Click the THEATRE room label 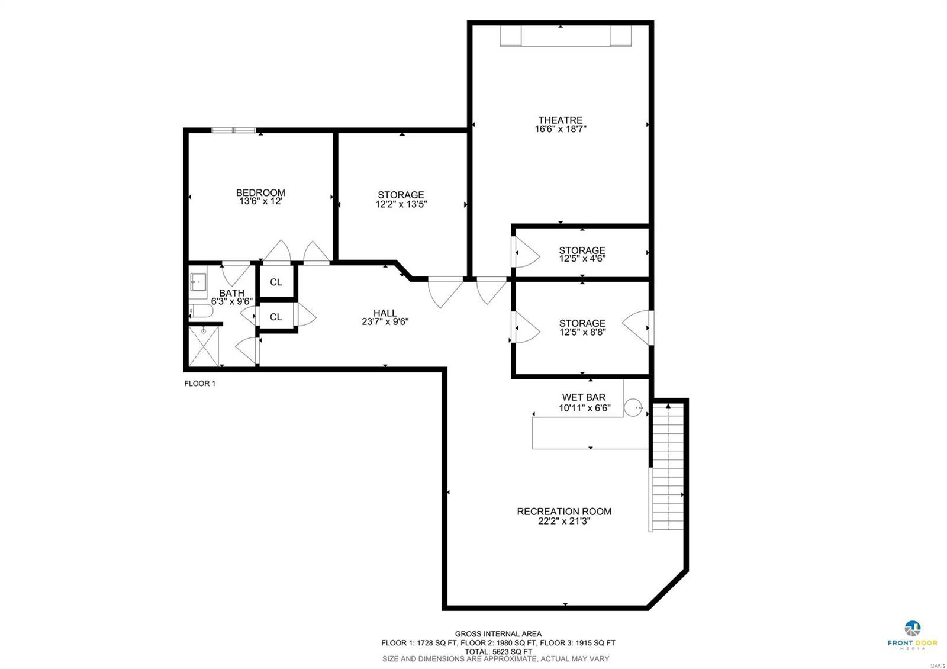click(560, 120)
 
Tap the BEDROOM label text click(260, 192)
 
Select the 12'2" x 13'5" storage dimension click(401, 204)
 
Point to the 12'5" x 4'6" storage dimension click(582, 259)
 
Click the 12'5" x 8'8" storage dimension click(582, 332)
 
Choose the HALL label click(385, 313)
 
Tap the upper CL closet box click(276, 282)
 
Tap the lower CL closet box click(276, 317)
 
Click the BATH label click(231, 293)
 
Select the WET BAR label click(584, 397)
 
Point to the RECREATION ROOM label click(564, 512)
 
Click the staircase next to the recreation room click(667, 468)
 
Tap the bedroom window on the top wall click(234, 130)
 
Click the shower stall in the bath click(204, 346)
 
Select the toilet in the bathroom click(200, 311)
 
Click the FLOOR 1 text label click(199, 384)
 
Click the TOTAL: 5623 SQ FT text click(498, 651)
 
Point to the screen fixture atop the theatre click(565, 36)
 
